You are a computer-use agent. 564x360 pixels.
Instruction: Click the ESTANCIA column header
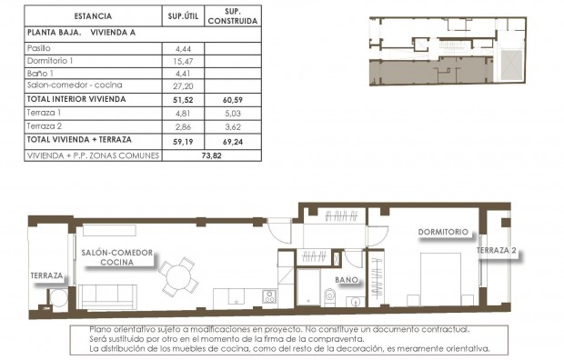pyautogui.click(x=91, y=15)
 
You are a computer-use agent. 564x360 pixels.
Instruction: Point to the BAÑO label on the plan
pyautogui.click(x=347, y=280)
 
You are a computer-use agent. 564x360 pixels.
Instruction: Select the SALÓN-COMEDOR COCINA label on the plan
pyautogui.click(x=117, y=257)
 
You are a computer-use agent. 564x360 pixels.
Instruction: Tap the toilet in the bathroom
pyautogui.click(x=329, y=296)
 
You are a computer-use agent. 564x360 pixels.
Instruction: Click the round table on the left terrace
pyautogui.click(x=55, y=299)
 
